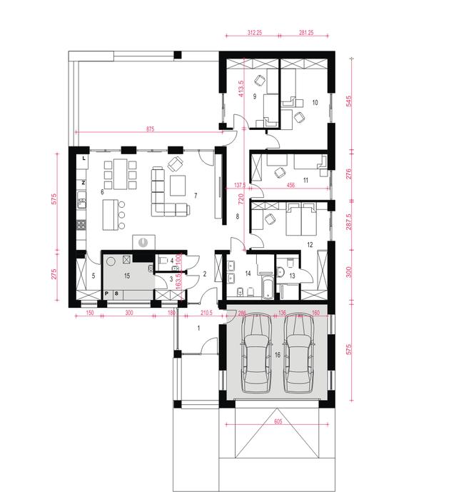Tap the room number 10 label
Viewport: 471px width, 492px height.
[315, 102]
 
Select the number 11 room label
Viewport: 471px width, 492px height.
[305, 181]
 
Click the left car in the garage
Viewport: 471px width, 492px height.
[255, 354]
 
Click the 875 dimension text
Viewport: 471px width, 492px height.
[150, 129]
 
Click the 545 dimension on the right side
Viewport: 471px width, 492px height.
[349, 101]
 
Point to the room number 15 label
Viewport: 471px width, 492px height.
[127, 275]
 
